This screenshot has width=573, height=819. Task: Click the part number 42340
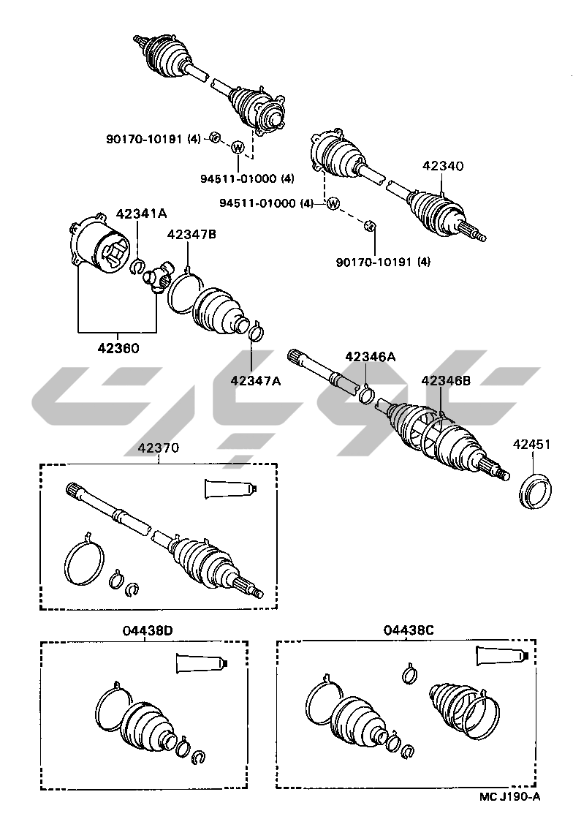pyautogui.click(x=443, y=166)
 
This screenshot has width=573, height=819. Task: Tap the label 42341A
pyautogui.click(x=142, y=214)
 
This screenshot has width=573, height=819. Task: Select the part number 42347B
pyautogui.click(x=191, y=234)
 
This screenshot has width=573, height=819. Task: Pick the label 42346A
pyautogui.click(x=371, y=357)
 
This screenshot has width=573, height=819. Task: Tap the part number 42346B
pyautogui.click(x=446, y=380)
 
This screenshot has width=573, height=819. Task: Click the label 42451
pyautogui.click(x=532, y=444)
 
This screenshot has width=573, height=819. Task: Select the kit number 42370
pyautogui.click(x=158, y=448)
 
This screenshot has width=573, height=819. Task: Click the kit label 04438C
pyautogui.click(x=408, y=630)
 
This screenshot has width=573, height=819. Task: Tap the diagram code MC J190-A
pyautogui.click(x=510, y=796)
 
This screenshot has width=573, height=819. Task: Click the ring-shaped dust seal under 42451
pyautogui.click(x=532, y=491)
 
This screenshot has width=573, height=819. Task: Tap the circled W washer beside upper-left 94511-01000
pyautogui.click(x=238, y=148)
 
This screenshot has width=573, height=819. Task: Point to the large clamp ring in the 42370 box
pyautogui.click(x=83, y=562)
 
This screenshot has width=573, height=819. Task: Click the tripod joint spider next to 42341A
pyautogui.click(x=157, y=277)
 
